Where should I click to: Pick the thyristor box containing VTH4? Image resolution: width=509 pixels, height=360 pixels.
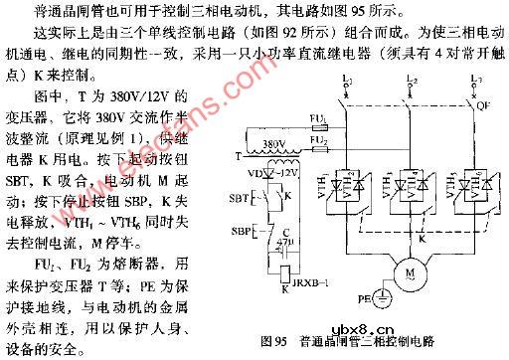click(409, 184)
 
